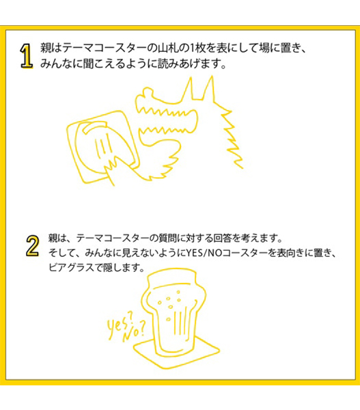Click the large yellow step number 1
pyautogui.click(x=27, y=56)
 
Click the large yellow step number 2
pyautogui.click(x=33, y=245)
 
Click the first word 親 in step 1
pyautogui.click(x=46, y=49)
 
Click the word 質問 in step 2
pyautogui.click(x=167, y=238)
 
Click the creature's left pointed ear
pyautogui.click(x=189, y=88)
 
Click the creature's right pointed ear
pyautogui.click(x=209, y=88)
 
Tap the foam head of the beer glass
pyautogui.click(x=171, y=279)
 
